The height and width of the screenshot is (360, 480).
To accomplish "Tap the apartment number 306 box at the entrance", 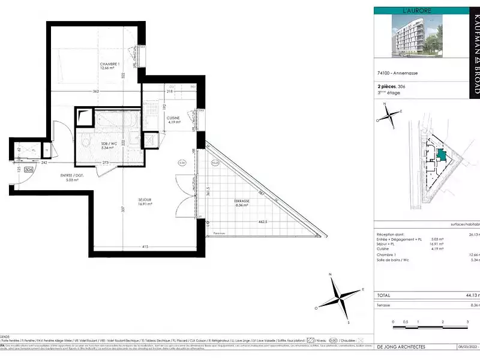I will (28, 170).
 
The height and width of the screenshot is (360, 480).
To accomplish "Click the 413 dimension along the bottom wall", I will (145, 247).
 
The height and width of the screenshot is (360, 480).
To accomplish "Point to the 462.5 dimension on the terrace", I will (262, 221).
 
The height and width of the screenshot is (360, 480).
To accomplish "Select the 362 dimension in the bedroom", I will (95, 91).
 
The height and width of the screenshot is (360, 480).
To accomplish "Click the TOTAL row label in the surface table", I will (384, 295).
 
